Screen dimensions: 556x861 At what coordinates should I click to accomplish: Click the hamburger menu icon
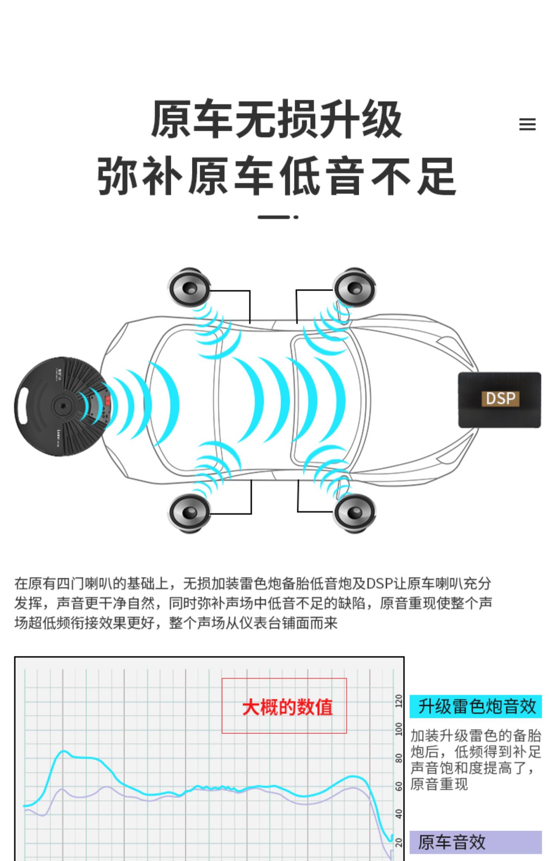click(527, 124)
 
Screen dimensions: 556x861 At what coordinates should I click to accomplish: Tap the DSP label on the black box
click(500, 399)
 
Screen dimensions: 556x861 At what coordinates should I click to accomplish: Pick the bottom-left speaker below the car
click(189, 513)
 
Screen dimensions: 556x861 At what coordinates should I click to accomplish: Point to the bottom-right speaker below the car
click(354, 513)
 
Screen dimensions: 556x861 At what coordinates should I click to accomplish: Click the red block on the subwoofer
click(108, 400)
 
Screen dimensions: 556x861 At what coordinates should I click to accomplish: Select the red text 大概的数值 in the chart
click(287, 707)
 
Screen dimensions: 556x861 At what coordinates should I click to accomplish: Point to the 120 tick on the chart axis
click(399, 701)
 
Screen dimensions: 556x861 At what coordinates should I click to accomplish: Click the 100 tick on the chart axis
click(399, 729)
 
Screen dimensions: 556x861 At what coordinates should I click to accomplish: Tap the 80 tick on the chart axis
click(399, 758)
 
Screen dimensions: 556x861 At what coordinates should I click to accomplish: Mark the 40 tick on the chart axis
click(399, 814)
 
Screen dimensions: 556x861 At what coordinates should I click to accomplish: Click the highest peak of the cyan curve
click(64, 751)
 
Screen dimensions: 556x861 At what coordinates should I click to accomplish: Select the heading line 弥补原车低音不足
click(277, 176)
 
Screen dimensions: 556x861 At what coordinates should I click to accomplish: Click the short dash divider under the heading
click(278, 217)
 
